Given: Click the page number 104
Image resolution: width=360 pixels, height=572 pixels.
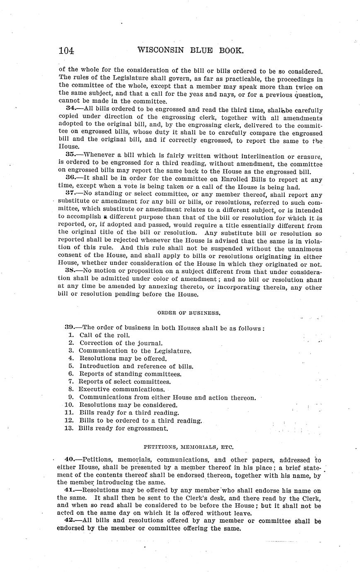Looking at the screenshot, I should pyautogui.click(x=66, y=51).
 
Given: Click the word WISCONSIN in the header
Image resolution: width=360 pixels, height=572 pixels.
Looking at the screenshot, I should pyautogui.click(x=160, y=51).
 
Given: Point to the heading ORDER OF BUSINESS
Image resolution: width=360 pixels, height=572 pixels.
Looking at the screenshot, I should pyautogui.click(x=189, y=313).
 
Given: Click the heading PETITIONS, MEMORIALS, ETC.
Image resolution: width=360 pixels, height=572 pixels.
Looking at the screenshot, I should pyautogui.click(x=188, y=447).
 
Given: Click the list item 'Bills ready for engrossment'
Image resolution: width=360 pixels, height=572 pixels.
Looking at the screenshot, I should pyautogui.click(x=123, y=428).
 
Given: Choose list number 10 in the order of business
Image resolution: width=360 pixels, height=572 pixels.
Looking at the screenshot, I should pyautogui.click(x=69, y=405).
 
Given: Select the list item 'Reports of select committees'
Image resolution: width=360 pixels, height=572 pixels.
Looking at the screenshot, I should pyautogui.click(x=124, y=382).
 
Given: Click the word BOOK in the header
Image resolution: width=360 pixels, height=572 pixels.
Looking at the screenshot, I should pyautogui.click(x=228, y=51).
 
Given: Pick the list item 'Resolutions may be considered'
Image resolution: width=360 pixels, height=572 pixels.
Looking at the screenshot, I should pyautogui.click(x=128, y=405).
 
